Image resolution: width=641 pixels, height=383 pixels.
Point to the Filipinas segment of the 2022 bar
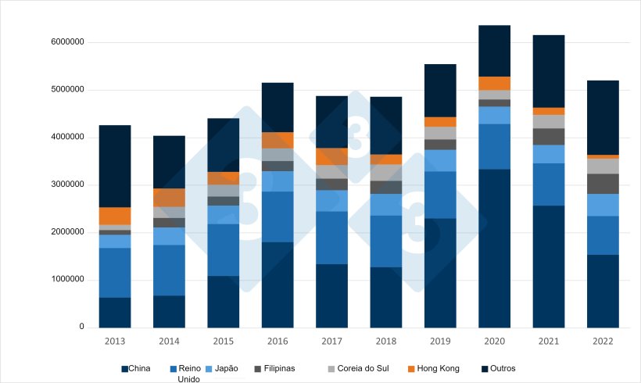coord(603,184)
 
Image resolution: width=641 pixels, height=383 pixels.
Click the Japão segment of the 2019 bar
coord(440,160)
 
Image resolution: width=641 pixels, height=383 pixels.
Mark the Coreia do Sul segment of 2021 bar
coord(549,121)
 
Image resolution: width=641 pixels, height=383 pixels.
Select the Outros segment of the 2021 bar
coord(549,71)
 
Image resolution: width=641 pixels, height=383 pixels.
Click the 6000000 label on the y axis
coord(65,42)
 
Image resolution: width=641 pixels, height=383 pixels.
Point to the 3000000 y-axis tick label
coord(65,184)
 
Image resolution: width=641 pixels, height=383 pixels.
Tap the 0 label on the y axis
coord(81,327)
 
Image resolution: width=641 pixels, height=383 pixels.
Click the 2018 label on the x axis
coord(385,342)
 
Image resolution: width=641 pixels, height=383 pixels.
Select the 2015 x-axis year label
coord(223,342)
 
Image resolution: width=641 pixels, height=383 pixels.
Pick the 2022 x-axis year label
coord(603,342)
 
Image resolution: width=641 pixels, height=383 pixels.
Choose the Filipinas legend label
coord(279,368)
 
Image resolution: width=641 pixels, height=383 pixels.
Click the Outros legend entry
coord(503,368)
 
